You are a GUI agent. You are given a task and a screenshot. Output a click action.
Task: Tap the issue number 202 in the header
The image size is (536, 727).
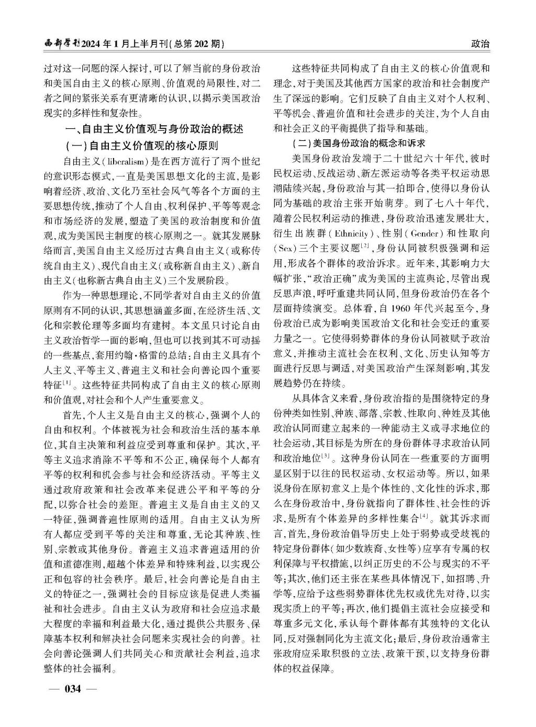click(198, 44)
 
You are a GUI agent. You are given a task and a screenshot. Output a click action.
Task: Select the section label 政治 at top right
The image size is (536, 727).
click(480, 44)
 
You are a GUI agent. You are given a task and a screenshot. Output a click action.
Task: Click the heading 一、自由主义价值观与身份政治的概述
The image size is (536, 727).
click(153, 129)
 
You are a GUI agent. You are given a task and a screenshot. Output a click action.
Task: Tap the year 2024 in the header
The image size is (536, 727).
click(92, 44)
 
